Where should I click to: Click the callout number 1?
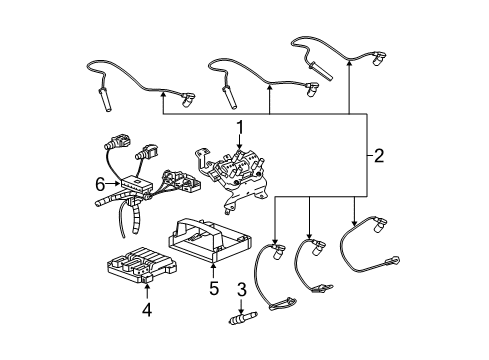click(x=239, y=128)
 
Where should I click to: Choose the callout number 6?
click(x=99, y=184)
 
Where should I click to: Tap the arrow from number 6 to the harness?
click(x=112, y=184)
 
